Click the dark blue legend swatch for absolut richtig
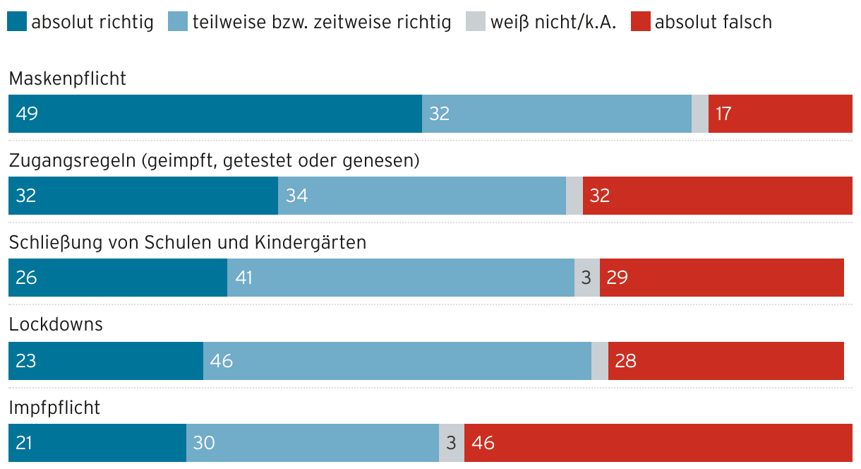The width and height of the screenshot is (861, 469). (x=18, y=22)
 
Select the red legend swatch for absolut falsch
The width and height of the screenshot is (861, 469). (x=641, y=22)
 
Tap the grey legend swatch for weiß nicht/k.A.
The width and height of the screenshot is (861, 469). (x=476, y=22)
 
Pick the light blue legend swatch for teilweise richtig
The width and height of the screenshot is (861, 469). (x=179, y=22)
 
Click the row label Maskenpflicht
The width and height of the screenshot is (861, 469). (x=68, y=78)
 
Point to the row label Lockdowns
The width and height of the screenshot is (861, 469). (x=56, y=324)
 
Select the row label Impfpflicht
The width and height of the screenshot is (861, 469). (x=54, y=408)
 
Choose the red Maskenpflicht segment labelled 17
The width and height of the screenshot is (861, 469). (x=780, y=114)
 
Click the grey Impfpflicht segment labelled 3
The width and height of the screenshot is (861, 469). (x=452, y=443)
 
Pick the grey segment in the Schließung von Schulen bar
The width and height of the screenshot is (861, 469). (x=587, y=278)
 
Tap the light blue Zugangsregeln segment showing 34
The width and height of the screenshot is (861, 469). (x=422, y=196)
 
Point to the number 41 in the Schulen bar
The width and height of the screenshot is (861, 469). (x=244, y=278)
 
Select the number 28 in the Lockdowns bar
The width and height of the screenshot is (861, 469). (x=626, y=361)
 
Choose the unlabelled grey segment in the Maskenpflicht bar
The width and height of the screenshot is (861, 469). (x=700, y=114)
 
